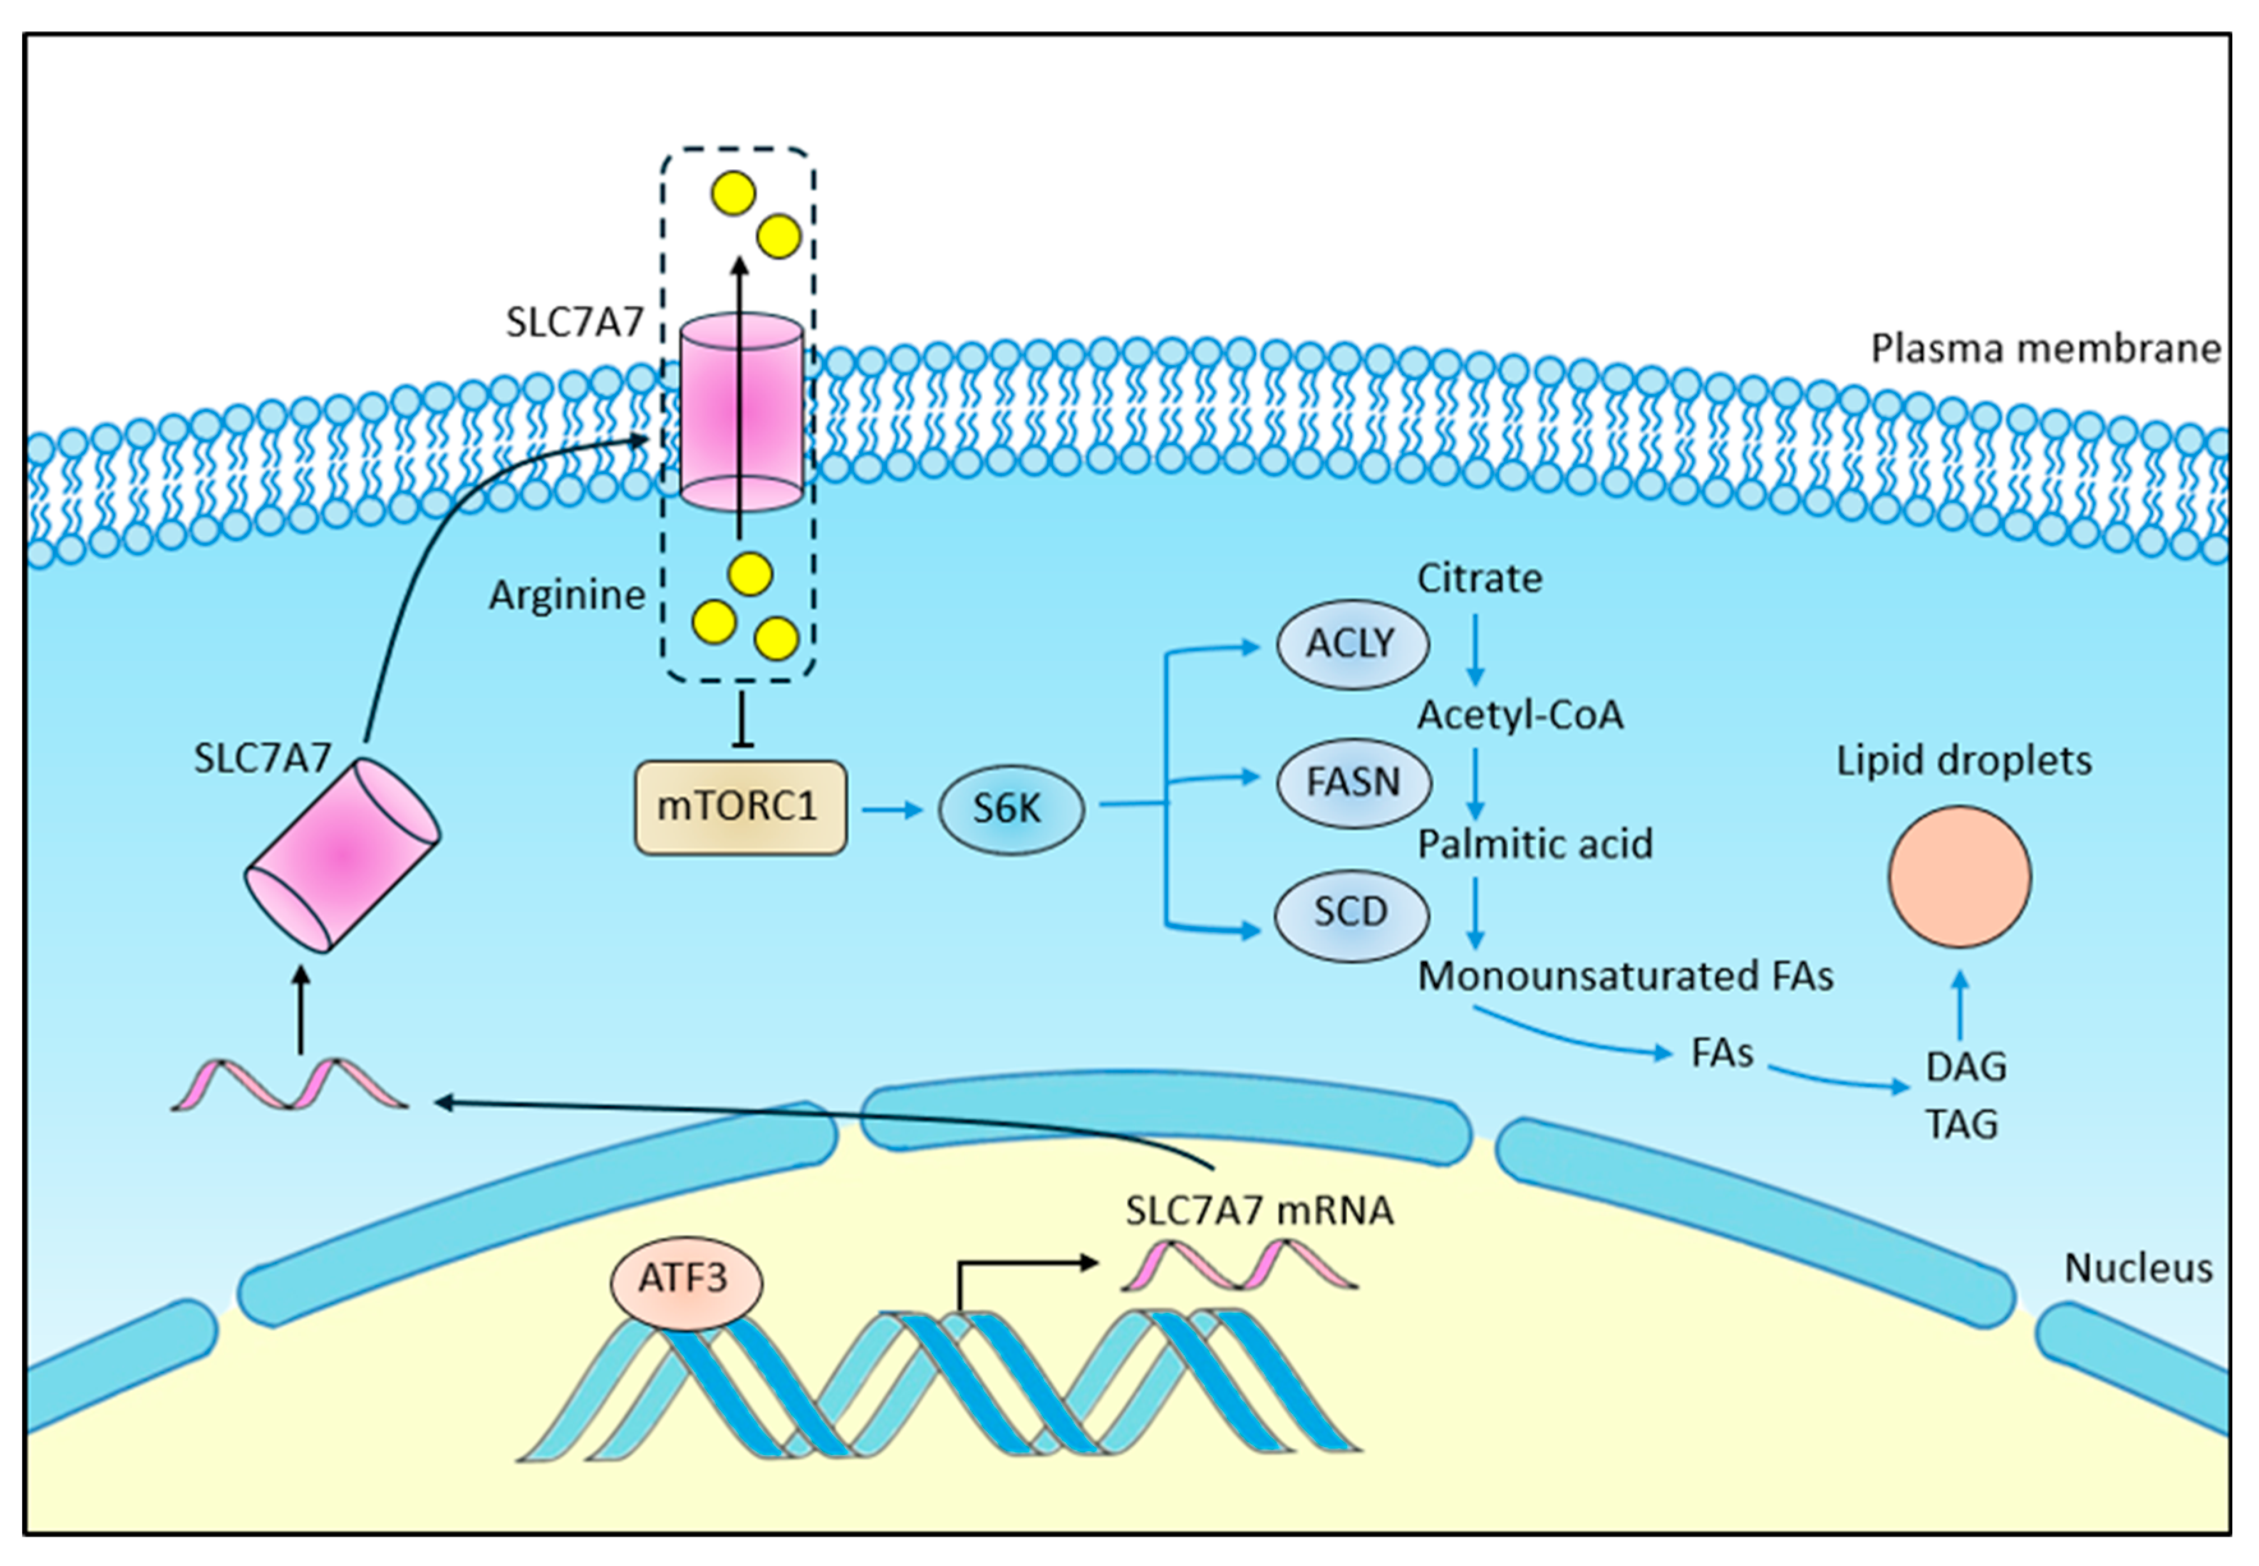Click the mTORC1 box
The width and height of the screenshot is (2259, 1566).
coord(740,807)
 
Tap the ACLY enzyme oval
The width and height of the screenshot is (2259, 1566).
coord(1351,644)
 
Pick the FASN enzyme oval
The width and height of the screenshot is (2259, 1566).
coord(1353,782)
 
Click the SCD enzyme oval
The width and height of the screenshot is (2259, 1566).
coord(1351,913)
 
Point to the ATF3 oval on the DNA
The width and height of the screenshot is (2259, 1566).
coord(685,1279)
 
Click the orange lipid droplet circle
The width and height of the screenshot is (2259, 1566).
coord(1959,876)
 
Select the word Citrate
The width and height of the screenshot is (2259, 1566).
coord(1479,579)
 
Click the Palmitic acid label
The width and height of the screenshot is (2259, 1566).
coord(1535,844)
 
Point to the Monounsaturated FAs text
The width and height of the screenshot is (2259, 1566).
coord(1625,977)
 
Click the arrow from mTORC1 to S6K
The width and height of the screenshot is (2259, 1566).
coord(892,809)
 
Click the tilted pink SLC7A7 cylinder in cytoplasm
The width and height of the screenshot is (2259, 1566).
coord(342,855)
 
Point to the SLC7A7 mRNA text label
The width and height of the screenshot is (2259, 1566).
coord(1259,1211)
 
